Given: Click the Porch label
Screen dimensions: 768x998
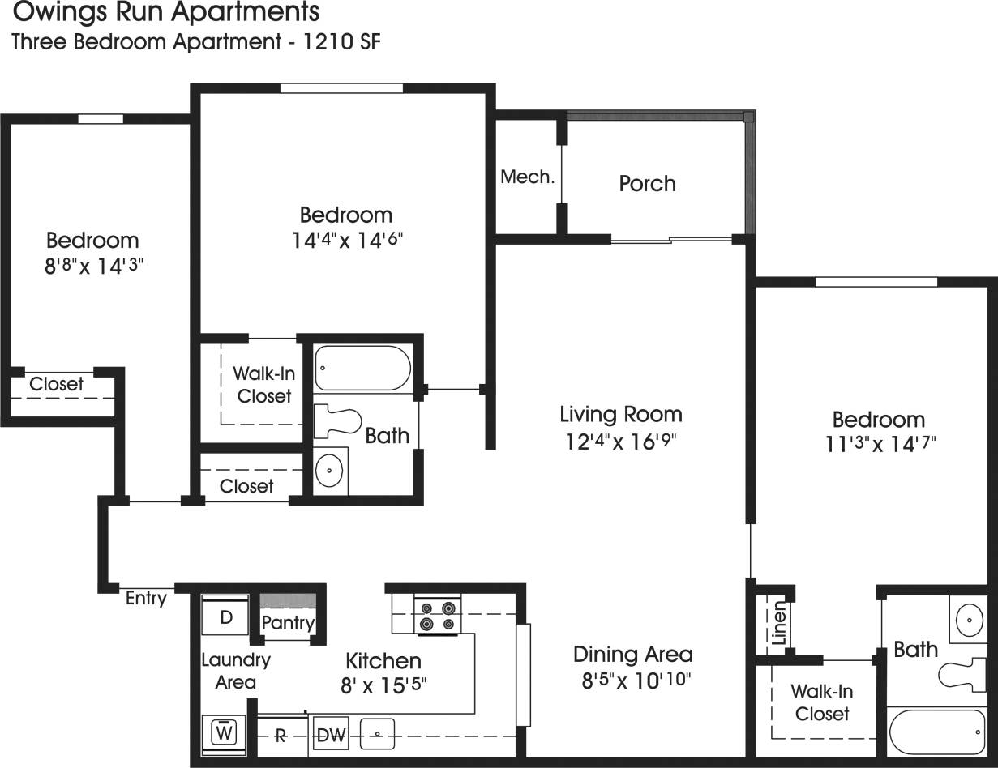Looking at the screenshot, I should pyautogui.click(x=647, y=184).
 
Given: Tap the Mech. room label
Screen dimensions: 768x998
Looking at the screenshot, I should pyautogui.click(x=527, y=177).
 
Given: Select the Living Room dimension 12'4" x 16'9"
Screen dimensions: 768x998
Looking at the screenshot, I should pyautogui.click(x=621, y=442).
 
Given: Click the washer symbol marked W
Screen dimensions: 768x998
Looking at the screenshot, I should pyautogui.click(x=226, y=732).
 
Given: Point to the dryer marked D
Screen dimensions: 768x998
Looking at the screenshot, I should pyautogui.click(x=226, y=618).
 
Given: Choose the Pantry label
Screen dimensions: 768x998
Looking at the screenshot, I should pyautogui.click(x=288, y=623).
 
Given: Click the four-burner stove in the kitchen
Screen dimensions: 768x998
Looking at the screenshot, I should pyautogui.click(x=437, y=616).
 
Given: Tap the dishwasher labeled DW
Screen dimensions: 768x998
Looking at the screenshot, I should pyautogui.click(x=331, y=735).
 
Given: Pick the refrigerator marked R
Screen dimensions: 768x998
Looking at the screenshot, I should pyautogui.click(x=281, y=736).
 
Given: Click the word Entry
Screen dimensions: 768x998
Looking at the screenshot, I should pyautogui.click(x=146, y=599).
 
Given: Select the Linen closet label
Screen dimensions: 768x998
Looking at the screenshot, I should pyautogui.click(x=778, y=623).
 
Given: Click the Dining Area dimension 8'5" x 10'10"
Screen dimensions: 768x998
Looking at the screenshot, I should pyautogui.click(x=633, y=681).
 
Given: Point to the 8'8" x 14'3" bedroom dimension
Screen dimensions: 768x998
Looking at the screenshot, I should pyautogui.click(x=93, y=266).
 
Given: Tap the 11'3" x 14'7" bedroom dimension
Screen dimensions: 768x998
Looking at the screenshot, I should pyautogui.click(x=879, y=445).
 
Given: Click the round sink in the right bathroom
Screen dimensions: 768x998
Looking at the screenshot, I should pyautogui.click(x=970, y=621).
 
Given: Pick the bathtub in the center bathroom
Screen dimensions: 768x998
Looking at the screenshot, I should pyautogui.click(x=363, y=369).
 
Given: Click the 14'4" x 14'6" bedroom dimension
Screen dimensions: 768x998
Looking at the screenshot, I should pyautogui.click(x=346, y=241).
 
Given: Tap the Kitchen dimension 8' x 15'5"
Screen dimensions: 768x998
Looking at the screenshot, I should pyautogui.click(x=383, y=685).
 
